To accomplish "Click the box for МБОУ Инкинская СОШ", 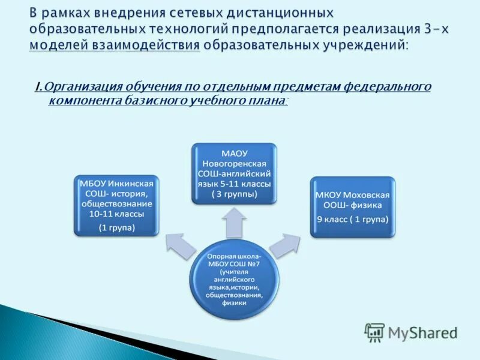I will coord(116,204).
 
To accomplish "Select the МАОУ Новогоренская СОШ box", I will coord(235,173).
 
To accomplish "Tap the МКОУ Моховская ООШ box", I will coord(353,206).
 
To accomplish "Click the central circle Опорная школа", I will coord(234,277).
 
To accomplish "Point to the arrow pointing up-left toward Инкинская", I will coord(181,242).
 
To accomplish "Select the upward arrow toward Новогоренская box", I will coord(235,222).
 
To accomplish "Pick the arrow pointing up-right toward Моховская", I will coord(285,243).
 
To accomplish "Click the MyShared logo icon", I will coord(374,332).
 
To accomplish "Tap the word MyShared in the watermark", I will coord(422,332).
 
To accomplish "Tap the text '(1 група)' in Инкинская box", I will coord(116,227).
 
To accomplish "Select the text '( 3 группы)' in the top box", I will coord(234,194).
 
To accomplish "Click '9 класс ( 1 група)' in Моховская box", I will coord(353,219).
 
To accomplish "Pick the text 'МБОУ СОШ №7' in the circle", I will coord(234,263).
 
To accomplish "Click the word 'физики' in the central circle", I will coord(234,303).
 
